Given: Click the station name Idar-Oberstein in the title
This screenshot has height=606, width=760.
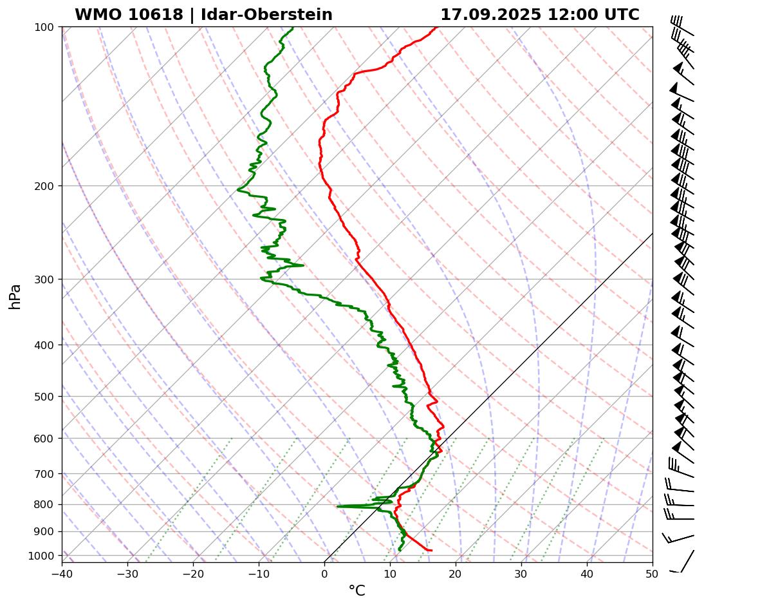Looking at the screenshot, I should click(x=266, y=15).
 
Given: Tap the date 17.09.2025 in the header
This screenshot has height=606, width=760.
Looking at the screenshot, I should click(x=491, y=15).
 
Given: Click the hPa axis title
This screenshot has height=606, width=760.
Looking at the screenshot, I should click(x=15, y=296).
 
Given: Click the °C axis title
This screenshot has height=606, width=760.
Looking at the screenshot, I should click(x=357, y=591).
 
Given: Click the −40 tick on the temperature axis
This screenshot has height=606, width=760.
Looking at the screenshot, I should click(x=62, y=573).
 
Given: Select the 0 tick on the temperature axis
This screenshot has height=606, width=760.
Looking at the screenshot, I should click(x=324, y=573).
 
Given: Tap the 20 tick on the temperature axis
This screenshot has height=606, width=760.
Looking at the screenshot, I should click(x=456, y=573).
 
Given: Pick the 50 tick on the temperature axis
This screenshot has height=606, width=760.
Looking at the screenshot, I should click(x=653, y=573).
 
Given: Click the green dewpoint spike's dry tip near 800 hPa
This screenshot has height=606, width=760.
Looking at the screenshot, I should click(x=337, y=506).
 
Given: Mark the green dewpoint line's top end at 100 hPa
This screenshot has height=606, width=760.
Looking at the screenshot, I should click(x=293, y=28).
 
